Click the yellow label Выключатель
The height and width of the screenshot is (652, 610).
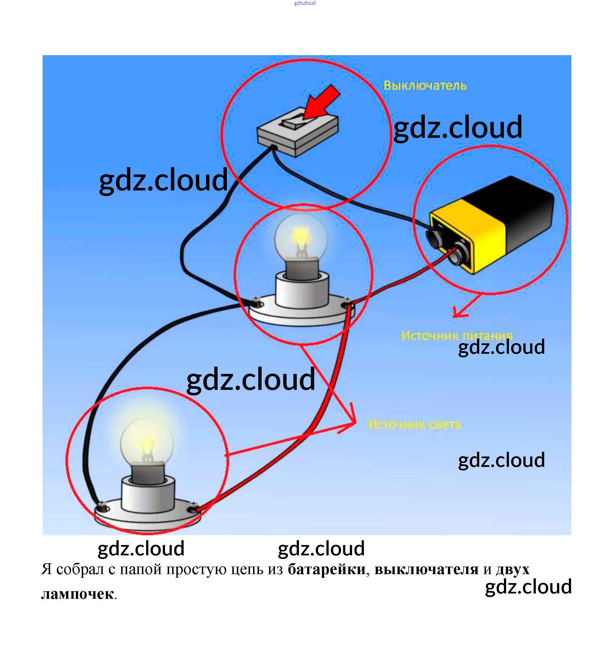click(x=424, y=86)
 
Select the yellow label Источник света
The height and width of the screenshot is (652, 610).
click(x=414, y=424)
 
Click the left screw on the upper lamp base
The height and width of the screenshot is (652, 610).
click(x=256, y=301)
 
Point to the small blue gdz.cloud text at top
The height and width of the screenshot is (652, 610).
click(x=305, y=3)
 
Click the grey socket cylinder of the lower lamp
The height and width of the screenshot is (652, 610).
click(x=148, y=495)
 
